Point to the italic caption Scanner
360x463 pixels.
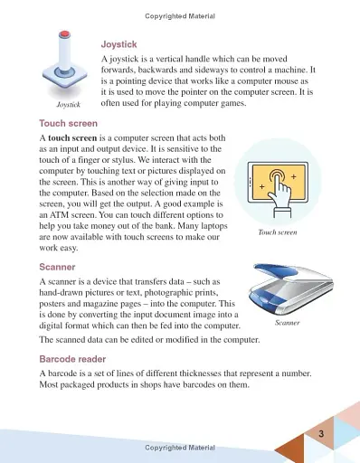click(x=288, y=322)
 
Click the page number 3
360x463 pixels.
click(x=320, y=438)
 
